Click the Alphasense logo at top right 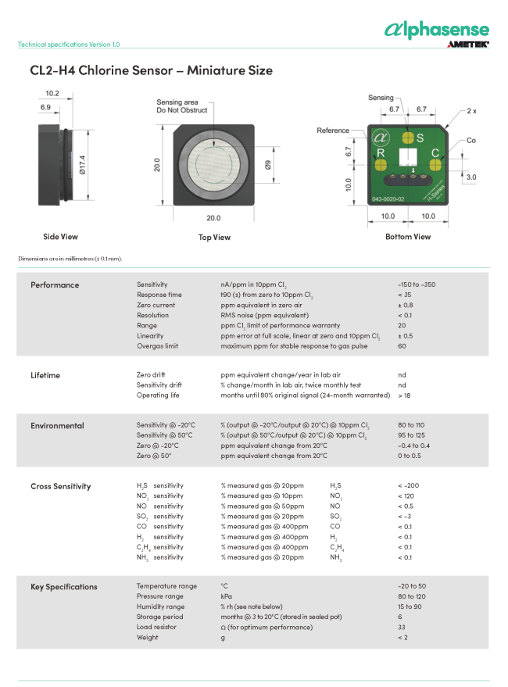[437, 29]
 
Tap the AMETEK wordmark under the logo [467, 45]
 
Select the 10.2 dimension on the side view [52, 93]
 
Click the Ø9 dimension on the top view [267, 165]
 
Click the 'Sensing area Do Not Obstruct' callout [177, 106]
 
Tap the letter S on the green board [420, 138]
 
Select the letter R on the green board [381, 153]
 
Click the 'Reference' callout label [333, 131]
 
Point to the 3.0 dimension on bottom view [470, 177]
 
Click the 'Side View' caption [60, 236]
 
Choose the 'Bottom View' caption [407, 237]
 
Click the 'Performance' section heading [55, 284]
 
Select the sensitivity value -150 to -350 [417, 284]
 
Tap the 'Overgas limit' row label [157, 345]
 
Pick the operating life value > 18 [404, 395]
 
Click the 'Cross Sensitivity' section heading [60, 486]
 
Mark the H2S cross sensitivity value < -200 [409, 486]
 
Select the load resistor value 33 [402, 627]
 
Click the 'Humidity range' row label [160, 606]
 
